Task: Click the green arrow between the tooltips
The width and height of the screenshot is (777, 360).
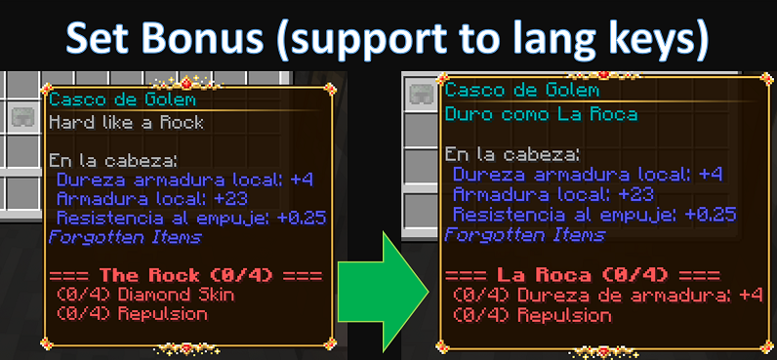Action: pyautogui.click(x=383, y=292)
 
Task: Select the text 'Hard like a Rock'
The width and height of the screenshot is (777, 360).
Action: pyautogui.click(x=126, y=122)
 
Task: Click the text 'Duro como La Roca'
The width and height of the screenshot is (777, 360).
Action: pyautogui.click(x=541, y=114)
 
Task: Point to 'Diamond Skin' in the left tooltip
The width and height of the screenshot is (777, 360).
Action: pyautogui.click(x=176, y=296)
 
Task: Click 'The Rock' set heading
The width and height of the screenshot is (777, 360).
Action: pyautogui.click(x=149, y=275)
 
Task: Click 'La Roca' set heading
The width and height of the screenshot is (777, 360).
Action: pyautogui.click(x=540, y=275)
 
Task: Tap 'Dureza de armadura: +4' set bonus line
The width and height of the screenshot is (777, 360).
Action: pyautogui.click(x=639, y=296)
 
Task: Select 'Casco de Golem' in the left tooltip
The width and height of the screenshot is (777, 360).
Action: pyautogui.click(x=122, y=100)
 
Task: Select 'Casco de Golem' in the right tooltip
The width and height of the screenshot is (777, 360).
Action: pyautogui.click(x=522, y=90)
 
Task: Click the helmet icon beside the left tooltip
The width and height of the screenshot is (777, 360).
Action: pyautogui.click(x=22, y=117)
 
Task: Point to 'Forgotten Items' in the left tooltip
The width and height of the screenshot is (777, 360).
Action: pyautogui.click(x=125, y=237)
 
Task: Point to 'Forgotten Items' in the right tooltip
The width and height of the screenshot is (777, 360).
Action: pyautogui.click(x=525, y=234)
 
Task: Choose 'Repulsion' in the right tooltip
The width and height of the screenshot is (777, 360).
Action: pyautogui.click(x=564, y=315)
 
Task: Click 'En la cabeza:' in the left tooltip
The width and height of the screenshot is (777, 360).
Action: pyautogui.click(x=113, y=160)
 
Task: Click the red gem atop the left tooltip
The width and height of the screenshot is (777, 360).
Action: pyautogui.click(x=186, y=83)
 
